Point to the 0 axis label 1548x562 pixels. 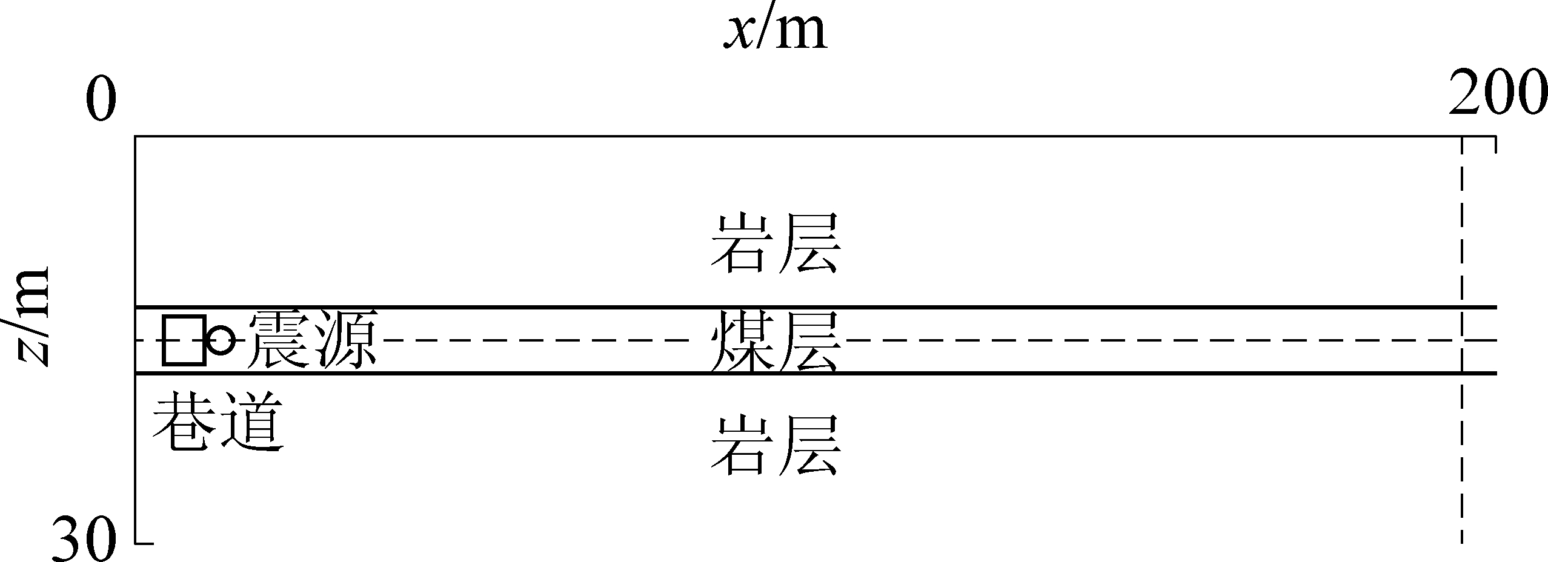101,100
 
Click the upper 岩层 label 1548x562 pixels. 776,242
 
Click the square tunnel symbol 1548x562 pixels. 184,340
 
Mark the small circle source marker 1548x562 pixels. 221,340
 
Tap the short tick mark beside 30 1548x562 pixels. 144,543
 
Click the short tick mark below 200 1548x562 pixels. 1496,145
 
